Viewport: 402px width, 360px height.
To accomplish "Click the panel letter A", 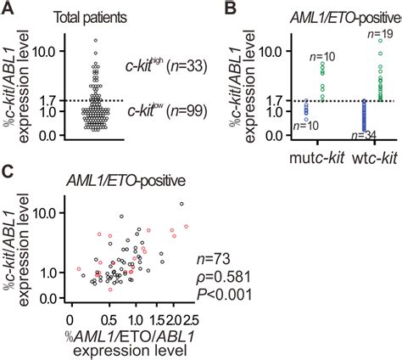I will [x=8, y=9].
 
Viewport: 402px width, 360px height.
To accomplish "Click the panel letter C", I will [x=8, y=172].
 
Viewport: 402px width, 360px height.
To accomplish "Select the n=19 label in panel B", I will [x=383, y=32].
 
